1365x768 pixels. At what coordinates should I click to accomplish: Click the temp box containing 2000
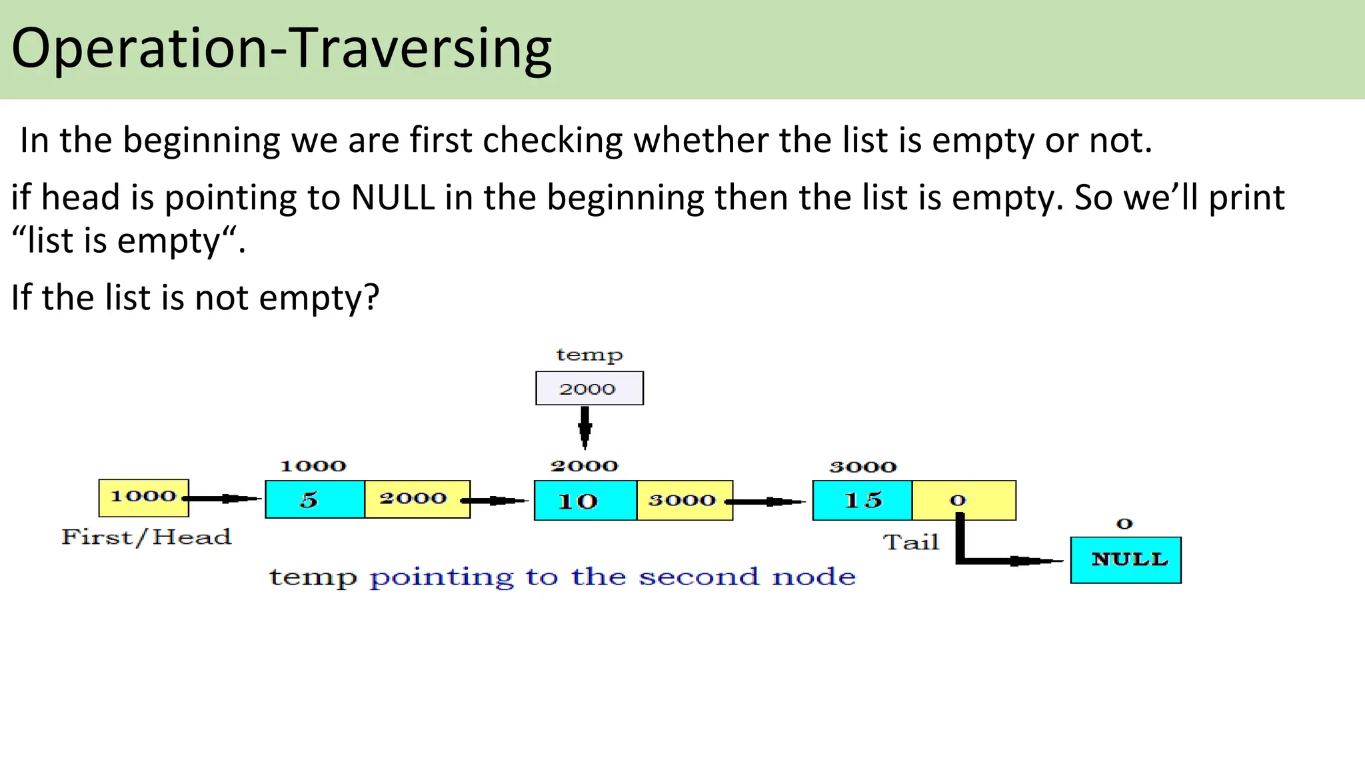(x=589, y=388)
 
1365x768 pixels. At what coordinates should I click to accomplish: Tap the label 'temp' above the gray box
(x=589, y=355)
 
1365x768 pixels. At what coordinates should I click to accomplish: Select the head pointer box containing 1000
(x=143, y=497)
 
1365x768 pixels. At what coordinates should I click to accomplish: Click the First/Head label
(x=146, y=537)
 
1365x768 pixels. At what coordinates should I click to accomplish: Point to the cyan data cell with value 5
(x=315, y=499)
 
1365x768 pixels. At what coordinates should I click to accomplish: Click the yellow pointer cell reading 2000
(x=417, y=499)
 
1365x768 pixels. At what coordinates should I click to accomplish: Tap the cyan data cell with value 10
(x=585, y=501)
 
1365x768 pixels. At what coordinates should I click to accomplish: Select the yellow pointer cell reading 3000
(x=684, y=501)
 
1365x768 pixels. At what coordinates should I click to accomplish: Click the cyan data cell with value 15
(x=862, y=500)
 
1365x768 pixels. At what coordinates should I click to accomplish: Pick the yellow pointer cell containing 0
(x=963, y=500)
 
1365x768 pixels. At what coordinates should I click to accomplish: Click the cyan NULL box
(x=1125, y=560)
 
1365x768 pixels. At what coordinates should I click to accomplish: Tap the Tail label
(x=911, y=542)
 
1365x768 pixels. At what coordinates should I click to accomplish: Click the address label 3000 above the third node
(x=862, y=467)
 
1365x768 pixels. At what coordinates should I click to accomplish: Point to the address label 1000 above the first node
(x=313, y=466)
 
